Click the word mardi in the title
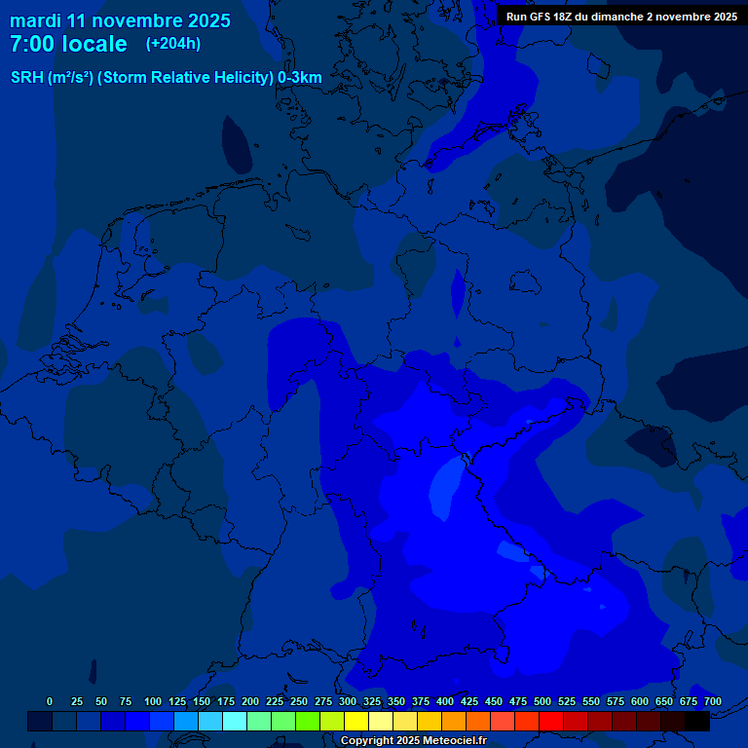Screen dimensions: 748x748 pos(35,20)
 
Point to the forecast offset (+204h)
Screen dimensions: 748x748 pos(173,44)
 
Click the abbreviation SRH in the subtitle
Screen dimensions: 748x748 pos(27,78)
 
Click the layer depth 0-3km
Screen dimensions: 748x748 pos(300,78)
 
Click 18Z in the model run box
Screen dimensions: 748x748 pos(573,17)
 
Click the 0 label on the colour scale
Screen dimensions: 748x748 pos(50,701)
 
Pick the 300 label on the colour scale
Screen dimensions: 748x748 pos(348,701)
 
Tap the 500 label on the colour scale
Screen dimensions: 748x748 pos(542,701)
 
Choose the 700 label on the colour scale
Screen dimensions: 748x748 pos(712,701)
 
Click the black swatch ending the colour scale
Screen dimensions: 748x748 pos(697,721)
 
